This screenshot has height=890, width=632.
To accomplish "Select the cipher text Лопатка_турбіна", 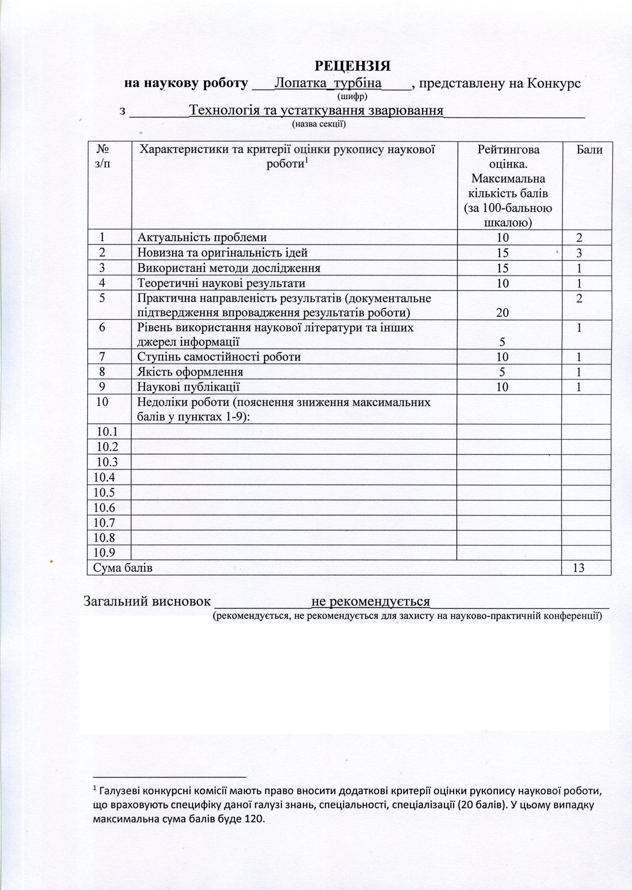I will pyautogui.click(x=328, y=84).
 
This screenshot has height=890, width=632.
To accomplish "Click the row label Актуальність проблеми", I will pyautogui.click(x=202, y=237).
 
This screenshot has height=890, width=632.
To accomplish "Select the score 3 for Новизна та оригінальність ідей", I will pyautogui.click(x=579, y=253).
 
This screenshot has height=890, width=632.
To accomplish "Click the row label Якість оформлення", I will pyautogui.click(x=190, y=372).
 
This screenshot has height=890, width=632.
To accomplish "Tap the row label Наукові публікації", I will pyautogui.click(x=188, y=387).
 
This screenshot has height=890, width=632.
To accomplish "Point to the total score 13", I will pyautogui.click(x=579, y=568).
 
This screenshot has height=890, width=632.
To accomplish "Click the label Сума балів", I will pyautogui.click(x=123, y=568).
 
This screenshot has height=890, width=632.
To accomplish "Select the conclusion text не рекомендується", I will pyautogui.click(x=371, y=602).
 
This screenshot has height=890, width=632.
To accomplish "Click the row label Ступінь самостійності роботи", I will pyautogui.click(x=219, y=357).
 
